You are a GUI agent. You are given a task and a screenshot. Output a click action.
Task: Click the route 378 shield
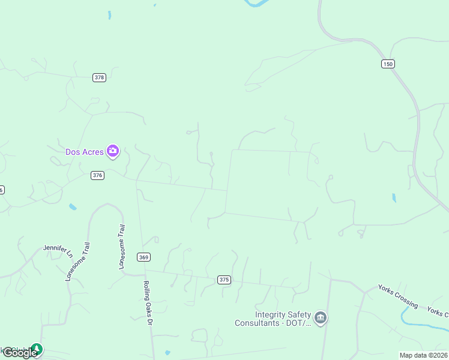[x=100, y=77]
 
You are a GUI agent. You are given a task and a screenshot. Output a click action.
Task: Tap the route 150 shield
[x=388, y=64]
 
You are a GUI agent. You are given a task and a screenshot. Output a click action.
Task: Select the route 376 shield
[x=98, y=175]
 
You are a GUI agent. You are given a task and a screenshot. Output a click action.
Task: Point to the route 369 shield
[x=143, y=257]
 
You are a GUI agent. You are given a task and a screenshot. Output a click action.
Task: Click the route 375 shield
[x=224, y=280]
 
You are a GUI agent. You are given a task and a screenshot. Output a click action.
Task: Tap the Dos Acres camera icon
[x=112, y=151]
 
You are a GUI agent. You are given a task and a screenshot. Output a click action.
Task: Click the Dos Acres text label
[x=85, y=152]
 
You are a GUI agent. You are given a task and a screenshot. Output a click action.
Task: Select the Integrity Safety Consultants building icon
[x=321, y=317]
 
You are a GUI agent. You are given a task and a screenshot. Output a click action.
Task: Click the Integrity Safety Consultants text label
[x=274, y=319]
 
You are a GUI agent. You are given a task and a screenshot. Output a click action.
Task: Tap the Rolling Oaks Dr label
[x=146, y=303]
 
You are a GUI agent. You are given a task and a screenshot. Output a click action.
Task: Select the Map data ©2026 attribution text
[x=423, y=355]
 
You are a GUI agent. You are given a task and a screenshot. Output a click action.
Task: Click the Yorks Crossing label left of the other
[x=398, y=296]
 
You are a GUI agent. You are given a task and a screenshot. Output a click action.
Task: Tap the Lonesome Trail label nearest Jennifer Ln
[x=78, y=262]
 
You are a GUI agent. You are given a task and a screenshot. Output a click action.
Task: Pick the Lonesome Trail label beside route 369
[x=122, y=246]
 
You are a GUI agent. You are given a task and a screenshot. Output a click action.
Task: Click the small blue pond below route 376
[x=73, y=207]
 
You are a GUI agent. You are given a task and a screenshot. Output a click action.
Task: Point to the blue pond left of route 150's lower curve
[x=394, y=197]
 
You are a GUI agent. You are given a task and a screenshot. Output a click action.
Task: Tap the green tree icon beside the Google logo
[x=37, y=349]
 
